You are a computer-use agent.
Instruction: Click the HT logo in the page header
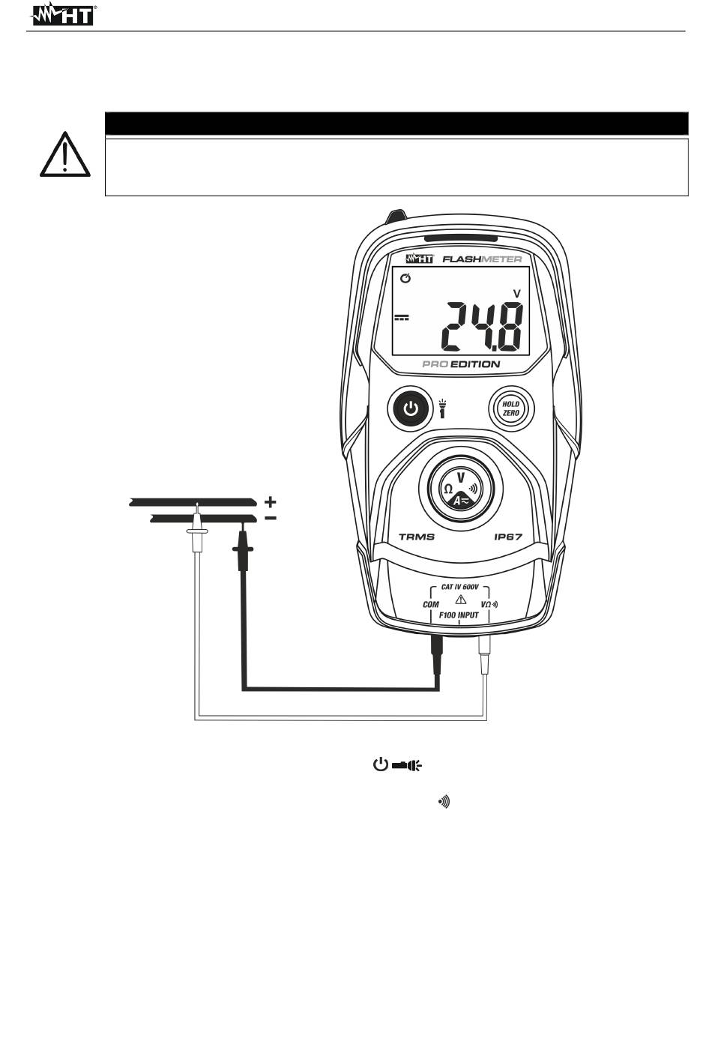(63, 14)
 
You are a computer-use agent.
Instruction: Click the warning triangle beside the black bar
(65, 155)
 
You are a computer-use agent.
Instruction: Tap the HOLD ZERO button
(510, 409)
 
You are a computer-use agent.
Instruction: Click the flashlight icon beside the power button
(442, 408)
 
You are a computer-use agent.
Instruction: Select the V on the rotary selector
(460, 477)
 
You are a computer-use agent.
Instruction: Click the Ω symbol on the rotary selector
(447, 489)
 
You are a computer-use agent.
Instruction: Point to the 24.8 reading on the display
(480, 327)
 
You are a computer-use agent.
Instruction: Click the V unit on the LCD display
(516, 293)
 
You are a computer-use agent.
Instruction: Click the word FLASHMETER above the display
(482, 259)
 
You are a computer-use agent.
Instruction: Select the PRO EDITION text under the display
(460, 364)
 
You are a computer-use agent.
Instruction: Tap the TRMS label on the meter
(416, 537)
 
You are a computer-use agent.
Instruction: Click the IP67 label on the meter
(507, 537)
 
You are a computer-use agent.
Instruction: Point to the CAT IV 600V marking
(460, 588)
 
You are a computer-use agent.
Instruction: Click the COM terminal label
(431, 605)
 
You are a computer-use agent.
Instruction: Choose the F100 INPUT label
(459, 615)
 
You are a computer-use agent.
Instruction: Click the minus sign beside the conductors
(270, 517)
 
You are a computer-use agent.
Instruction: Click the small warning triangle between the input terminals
(460, 600)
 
